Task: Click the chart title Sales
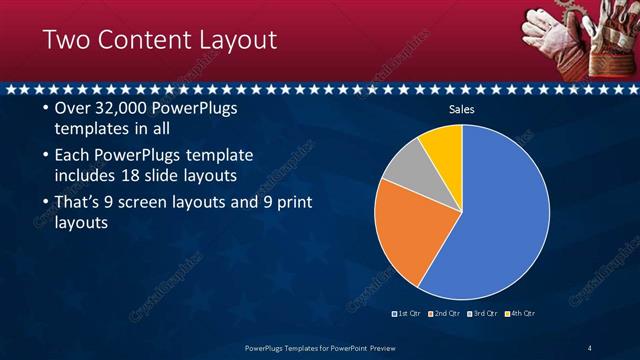461,109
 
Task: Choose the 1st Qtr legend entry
408,313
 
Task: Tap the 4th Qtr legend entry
521,313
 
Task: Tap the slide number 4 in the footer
590,348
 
